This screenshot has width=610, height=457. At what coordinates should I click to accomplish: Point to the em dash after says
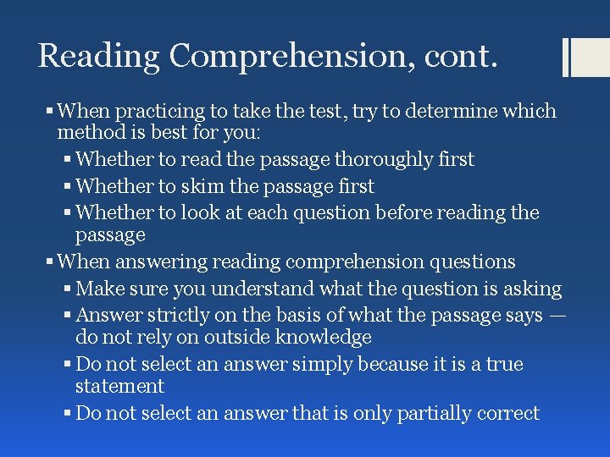[x=557, y=316]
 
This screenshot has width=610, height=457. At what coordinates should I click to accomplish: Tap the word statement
[x=119, y=386]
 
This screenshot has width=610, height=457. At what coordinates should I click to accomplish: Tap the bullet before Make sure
[x=67, y=289]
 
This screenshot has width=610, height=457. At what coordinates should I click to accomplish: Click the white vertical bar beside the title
[x=567, y=58]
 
